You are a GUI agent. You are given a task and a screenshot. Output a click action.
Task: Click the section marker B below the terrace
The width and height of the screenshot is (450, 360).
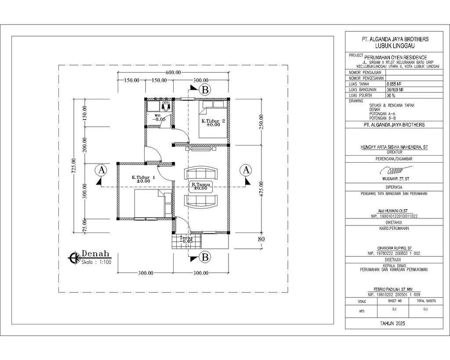click(x=204, y=256)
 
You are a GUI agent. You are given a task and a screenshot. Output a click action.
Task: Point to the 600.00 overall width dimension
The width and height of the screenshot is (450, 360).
click(x=174, y=73)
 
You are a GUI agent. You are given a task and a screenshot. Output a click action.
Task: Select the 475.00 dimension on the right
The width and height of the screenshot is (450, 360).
click(x=262, y=189)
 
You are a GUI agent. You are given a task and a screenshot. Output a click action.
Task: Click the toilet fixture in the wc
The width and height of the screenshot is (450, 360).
click(x=166, y=106)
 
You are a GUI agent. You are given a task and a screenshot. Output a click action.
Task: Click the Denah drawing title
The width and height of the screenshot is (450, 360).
click(x=95, y=255)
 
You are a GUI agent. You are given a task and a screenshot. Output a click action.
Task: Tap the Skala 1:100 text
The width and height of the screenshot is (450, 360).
click(x=96, y=262)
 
